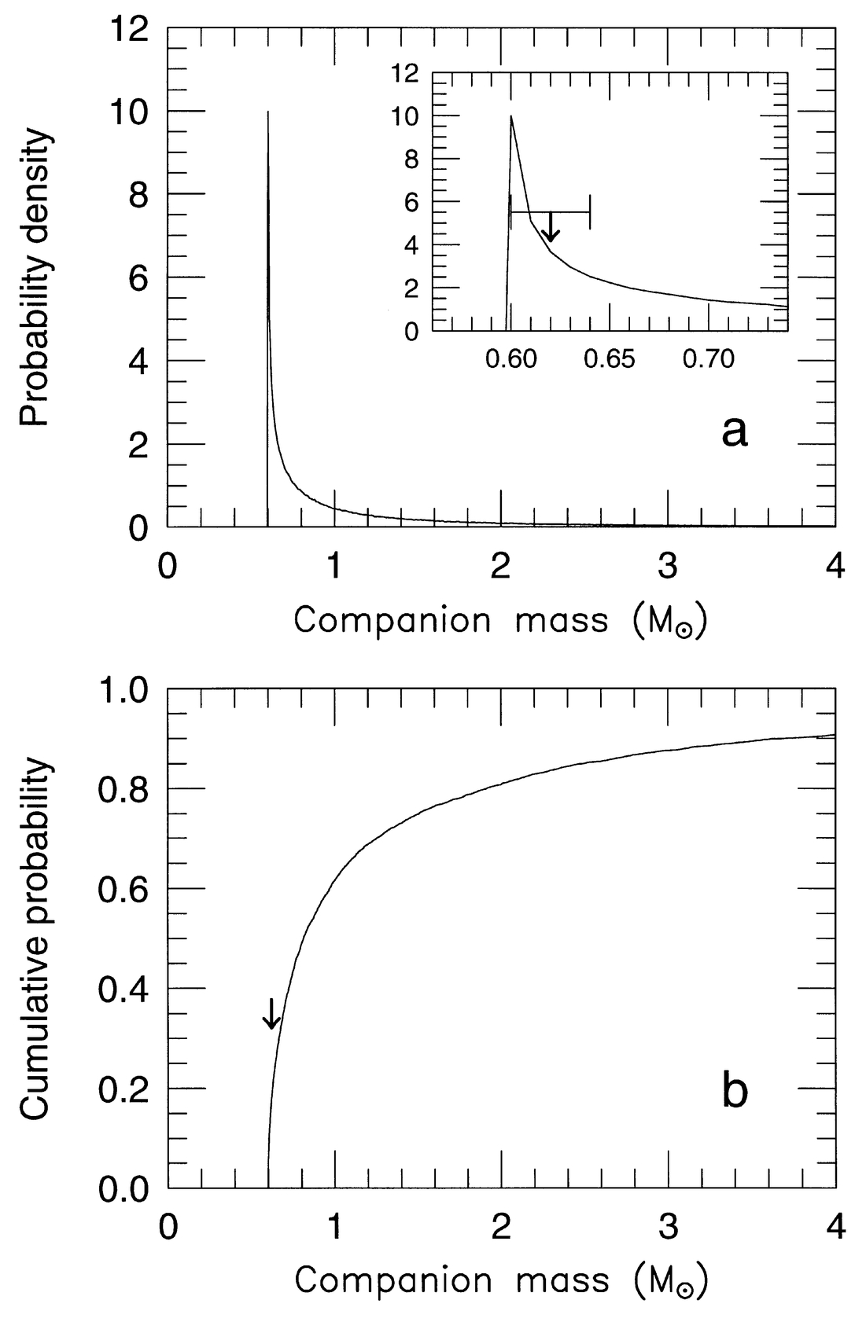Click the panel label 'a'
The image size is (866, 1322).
[x=734, y=432]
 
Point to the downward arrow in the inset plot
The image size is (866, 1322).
[x=551, y=227]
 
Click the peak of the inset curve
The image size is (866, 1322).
[x=511, y=116]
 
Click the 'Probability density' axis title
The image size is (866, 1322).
[x=36, y=279]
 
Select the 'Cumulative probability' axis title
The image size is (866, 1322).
[x=36, y=939]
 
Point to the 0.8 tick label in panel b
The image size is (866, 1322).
[x=125, y=789]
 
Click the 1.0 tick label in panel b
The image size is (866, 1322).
[x=125, y=690]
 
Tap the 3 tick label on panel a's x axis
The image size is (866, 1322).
[x=668, y=566]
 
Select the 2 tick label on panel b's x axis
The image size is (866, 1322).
[x=501, y=1226]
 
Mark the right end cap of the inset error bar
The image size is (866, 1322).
[x=590, y=212]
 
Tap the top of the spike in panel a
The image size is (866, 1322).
[x=268, y=112]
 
